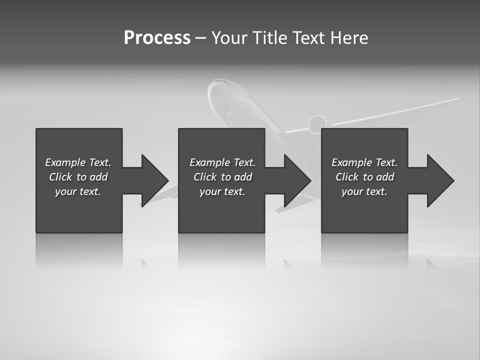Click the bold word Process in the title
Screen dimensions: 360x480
pos(157,38)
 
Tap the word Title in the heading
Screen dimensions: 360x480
pos(268,38)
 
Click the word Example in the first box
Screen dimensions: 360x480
pos(65,162)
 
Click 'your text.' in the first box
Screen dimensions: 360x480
pos(78,191)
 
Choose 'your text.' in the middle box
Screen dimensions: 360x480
pos(222,191)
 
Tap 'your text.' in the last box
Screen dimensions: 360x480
pos(364,191)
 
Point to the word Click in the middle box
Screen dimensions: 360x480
pos(205,177)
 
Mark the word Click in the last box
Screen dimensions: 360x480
pos(347,177)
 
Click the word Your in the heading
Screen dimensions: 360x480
pos(228,38)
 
